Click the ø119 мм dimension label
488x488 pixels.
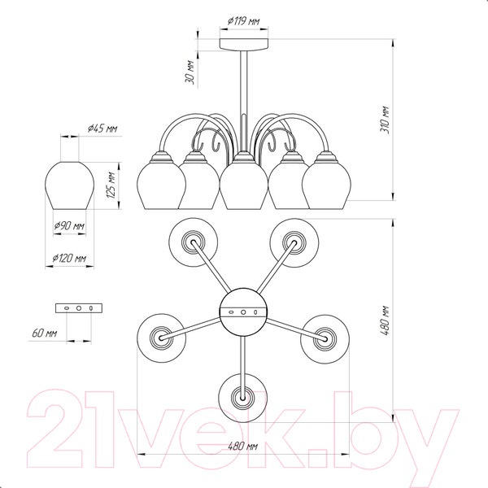coord(243,21)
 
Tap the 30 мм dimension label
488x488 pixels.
coord(190,72)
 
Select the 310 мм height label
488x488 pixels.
coord(385,120)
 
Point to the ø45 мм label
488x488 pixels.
coord(102,129)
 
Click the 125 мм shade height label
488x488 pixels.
coord(111,185)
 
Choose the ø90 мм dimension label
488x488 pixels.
coord(69,225)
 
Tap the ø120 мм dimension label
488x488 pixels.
coord(69,258)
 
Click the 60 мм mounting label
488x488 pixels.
coord(45,333)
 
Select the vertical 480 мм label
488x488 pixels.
coord(385,320)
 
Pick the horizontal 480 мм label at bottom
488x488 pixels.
coord(243,446)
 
